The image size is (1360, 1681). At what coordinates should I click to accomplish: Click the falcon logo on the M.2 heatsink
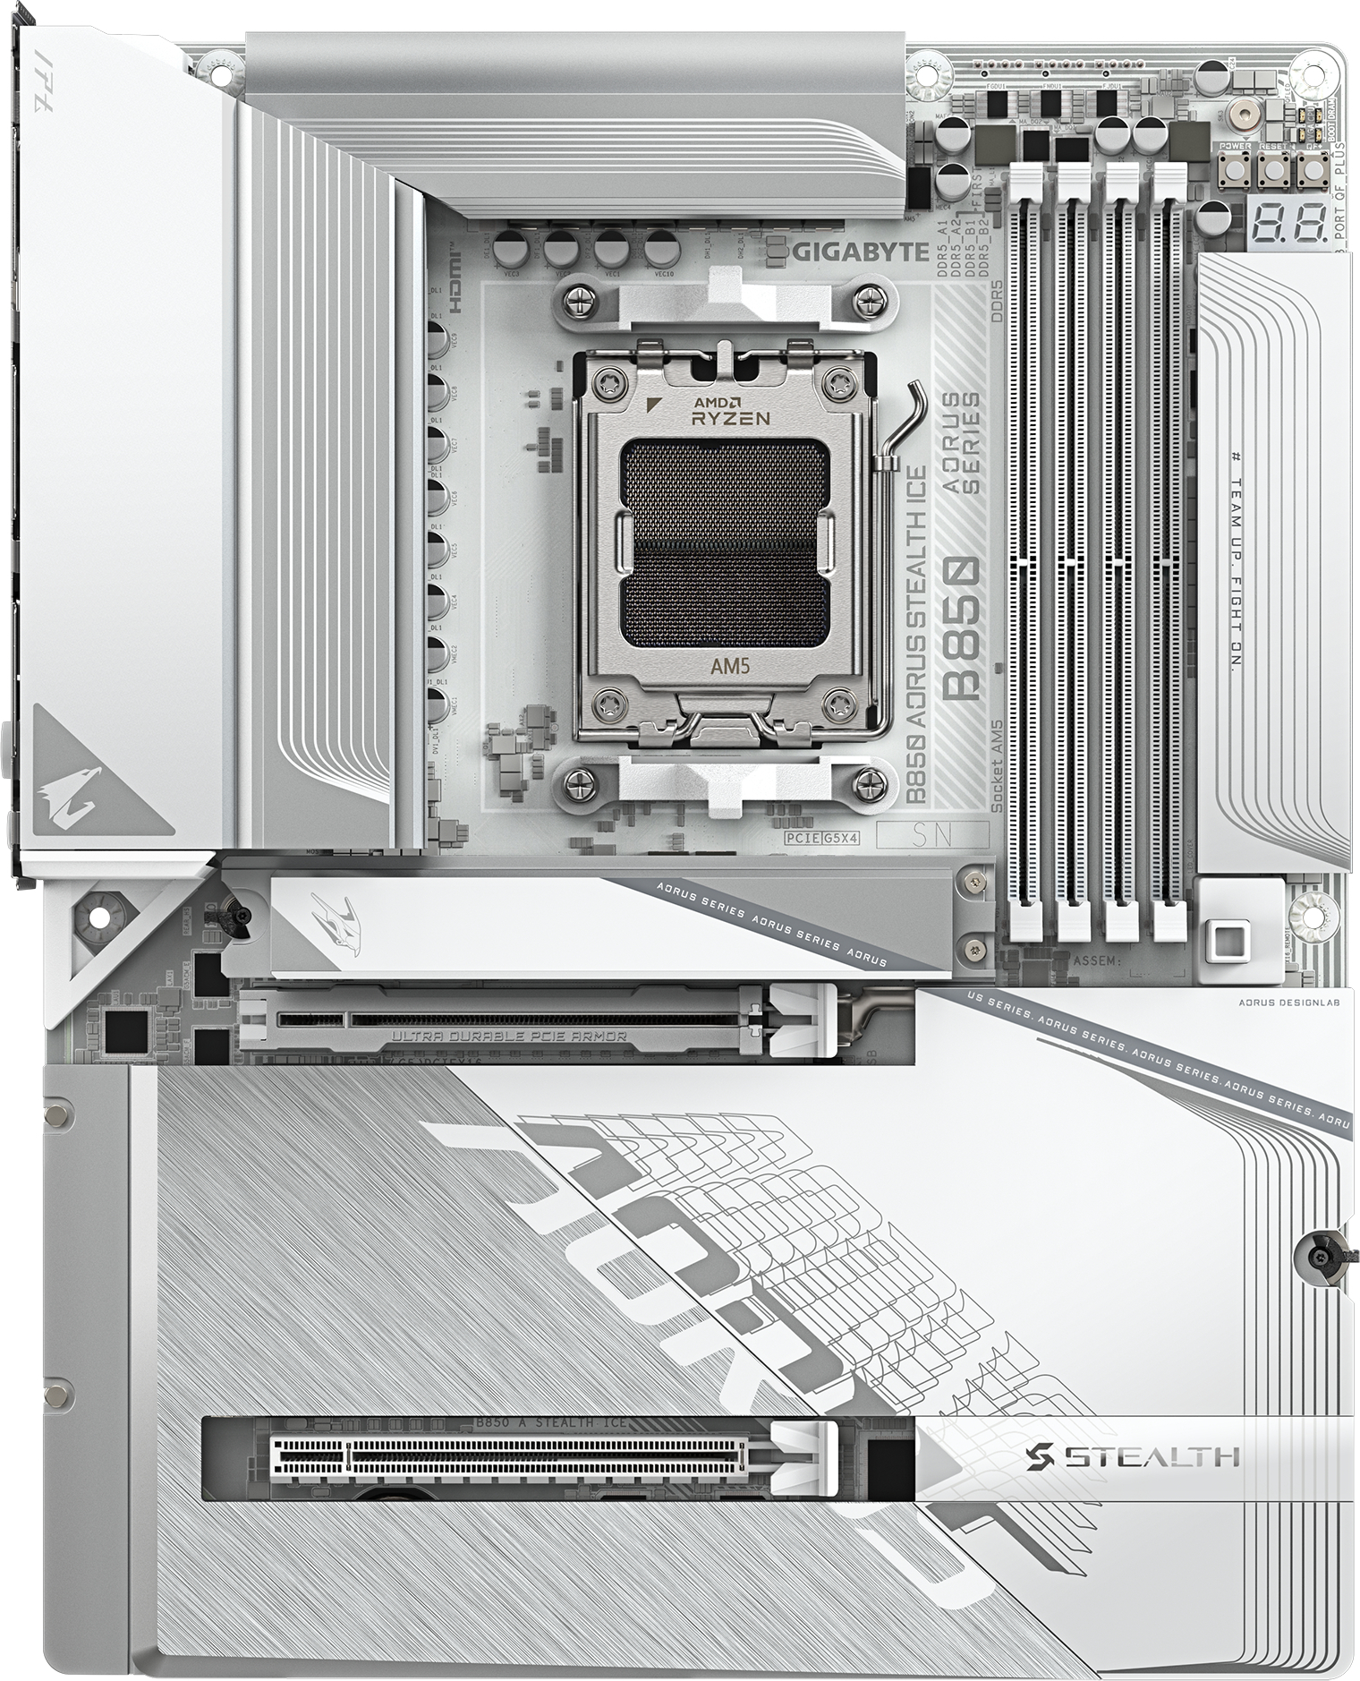coord(333,917)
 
